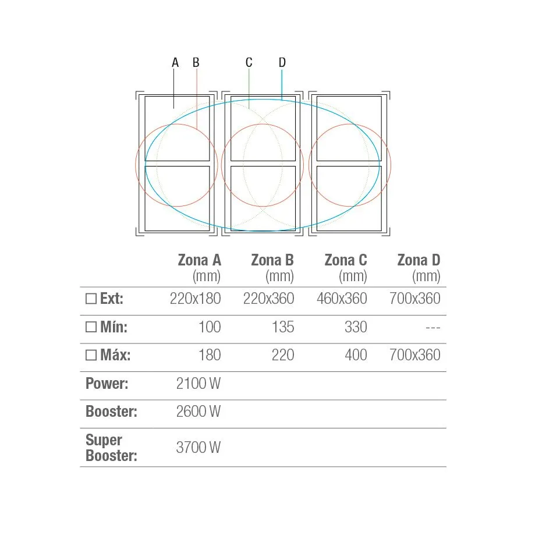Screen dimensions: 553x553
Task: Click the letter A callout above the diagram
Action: click(x=175, y=63)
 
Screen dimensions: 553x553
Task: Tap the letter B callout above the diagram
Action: click(x=196, y=63)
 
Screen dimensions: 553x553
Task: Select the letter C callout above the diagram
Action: click(x=249, y=63)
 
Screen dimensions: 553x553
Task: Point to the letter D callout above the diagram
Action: click(x=282, y=63)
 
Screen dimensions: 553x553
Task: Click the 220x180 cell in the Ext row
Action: click(x=196, y=299)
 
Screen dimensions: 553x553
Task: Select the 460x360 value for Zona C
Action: click(x=342, y=299)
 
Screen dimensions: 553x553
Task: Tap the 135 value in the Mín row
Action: click(x=283, y=327)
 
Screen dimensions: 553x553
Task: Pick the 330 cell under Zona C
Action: click(x=356, y=327)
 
